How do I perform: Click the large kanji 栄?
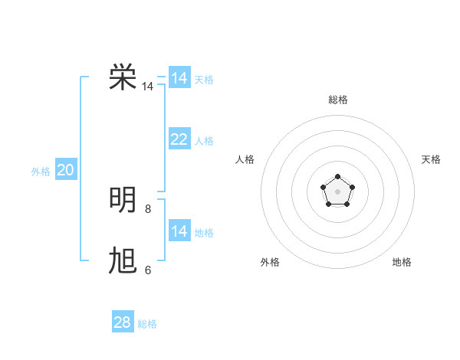tap(123, 77)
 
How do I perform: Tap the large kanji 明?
tap(123, 199)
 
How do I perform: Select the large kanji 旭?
tap(123, 261)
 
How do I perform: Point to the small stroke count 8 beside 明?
tap(147, 209)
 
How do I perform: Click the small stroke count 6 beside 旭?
tap(147, 270)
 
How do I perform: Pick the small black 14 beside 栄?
tap(147, 87)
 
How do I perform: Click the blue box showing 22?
tap(179, 139)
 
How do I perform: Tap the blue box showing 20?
tap(65, 170)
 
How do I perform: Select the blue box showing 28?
tap(123, 322)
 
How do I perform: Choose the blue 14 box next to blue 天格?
tap(179, 78)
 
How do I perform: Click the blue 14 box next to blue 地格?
tap(179, 231)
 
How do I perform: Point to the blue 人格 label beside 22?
tap(204, 141)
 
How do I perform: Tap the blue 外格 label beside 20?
tap(41, 172)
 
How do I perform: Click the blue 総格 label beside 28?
tap(147, 324)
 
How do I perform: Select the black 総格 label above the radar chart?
tap(337, 100)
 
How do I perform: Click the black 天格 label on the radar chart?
tap(432, 159)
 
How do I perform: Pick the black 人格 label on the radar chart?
tap(245, 159)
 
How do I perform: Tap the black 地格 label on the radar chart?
tap(402, 262)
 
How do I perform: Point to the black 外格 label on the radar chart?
tap(270, 262)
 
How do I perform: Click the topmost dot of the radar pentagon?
tap(337, 178)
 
